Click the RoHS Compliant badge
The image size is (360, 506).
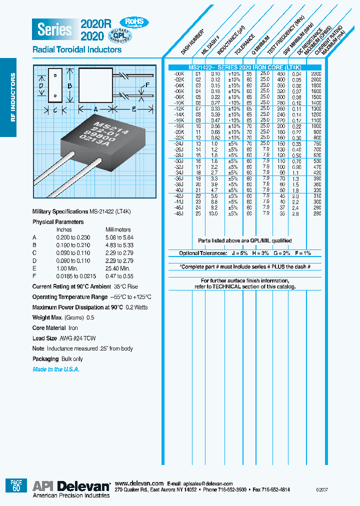click(x=133, y=22)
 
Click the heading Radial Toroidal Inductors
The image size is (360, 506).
click(x=76, y=50)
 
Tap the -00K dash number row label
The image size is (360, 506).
click(x=179, y=73)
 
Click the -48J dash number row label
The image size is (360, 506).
click(x=179, y=213)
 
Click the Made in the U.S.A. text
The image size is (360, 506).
click(x=56, y=369)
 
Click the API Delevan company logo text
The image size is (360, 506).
click(x=71, y=486)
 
